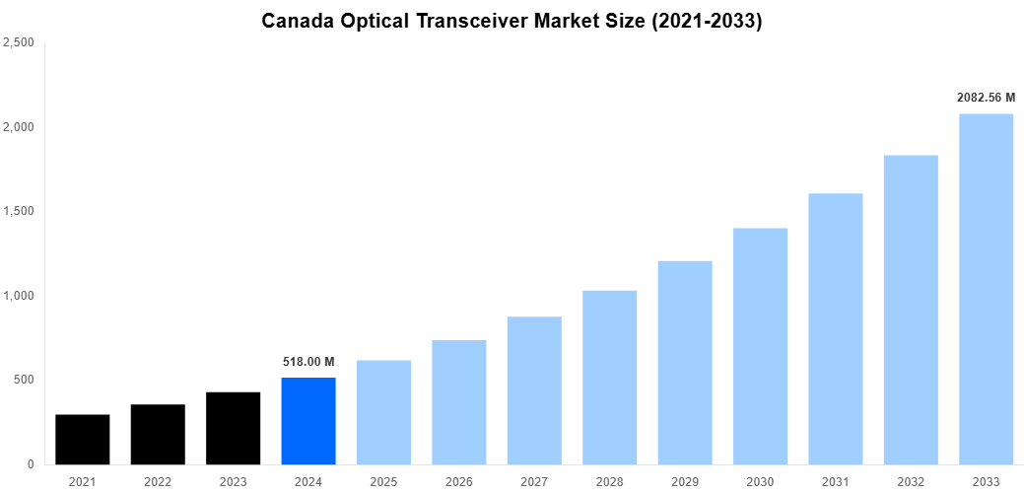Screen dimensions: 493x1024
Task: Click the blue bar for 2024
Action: pos(308,421)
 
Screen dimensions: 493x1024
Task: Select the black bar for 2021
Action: pos(83,440)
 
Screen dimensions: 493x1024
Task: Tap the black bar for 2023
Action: pos(234,429)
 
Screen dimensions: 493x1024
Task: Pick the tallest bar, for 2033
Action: pos(986,289)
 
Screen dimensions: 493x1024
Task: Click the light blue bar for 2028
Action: pos(609,378)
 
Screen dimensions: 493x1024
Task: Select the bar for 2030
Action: pos(760,346)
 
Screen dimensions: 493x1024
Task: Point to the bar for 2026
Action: pos(459,402)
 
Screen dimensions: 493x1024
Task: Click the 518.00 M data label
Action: pos(308,362)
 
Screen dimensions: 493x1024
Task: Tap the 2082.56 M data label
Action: pos(986,98)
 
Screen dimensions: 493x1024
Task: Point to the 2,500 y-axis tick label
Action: pos(19,42)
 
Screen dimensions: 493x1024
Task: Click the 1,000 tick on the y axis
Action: pos(19,296)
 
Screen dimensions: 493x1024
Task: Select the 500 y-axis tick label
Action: pos(24,380)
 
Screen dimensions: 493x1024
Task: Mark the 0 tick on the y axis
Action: pos(32,464)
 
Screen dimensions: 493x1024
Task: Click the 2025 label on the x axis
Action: pos(383,481)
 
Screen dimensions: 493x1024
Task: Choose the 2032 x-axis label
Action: pos(911,481)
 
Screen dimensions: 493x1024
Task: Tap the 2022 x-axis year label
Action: pos(158,481)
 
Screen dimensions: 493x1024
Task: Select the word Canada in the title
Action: pos(295,21)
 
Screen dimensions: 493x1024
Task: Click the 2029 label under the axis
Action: pos(685,481)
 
